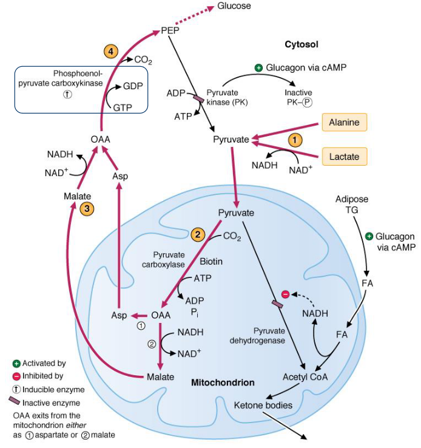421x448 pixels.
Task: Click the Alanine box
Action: pyautogui.click(x=344, y=123)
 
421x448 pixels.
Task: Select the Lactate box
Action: pyautogui.click(x=344, y=157)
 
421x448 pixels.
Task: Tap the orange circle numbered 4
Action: pyautogui.click(x=110, y=51)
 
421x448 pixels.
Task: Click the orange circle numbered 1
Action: pyautogui.click(x=294, y=140)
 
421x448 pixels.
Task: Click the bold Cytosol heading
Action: pyautogui.click(x=301, y=44)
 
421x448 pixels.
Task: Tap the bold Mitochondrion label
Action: pyautogui.click(x=223, y=383)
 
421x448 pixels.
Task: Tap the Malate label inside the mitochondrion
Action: pyautogui.click(x=161, y=377)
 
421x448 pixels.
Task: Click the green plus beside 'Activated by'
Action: pyautogui.click(x=16, y=363)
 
